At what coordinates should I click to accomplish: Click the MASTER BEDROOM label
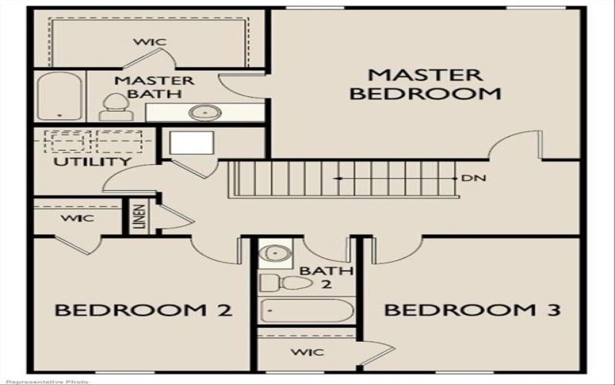pos(424,85)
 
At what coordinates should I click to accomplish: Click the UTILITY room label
pos(91,162)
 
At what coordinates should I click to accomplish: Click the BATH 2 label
pos(315,277)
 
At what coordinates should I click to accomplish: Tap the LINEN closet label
pos(140,217)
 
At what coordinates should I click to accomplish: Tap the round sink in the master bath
pos(204,112)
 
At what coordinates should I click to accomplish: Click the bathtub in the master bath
pos(59,96)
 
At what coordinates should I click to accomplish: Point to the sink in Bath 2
pos(273,253)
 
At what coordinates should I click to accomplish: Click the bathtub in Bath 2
pos(307,311)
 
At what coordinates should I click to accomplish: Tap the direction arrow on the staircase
pos(338,179)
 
